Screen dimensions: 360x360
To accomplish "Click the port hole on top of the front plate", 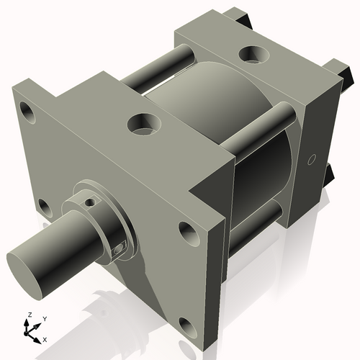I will click(x=143, y=124).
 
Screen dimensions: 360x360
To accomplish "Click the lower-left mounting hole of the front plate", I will click(x=45, y=209).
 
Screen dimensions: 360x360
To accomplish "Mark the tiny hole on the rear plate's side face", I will click(x=312, y=159).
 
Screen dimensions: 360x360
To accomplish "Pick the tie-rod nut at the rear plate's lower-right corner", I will click(x=329, y=173).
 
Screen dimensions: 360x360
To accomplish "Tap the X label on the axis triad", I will click(x=45, y=338).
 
